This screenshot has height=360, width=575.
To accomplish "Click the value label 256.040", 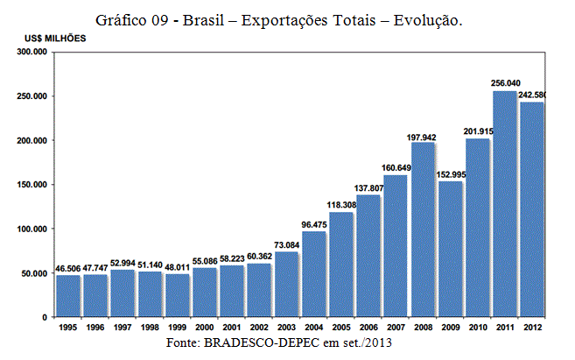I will click(x=505, y=83).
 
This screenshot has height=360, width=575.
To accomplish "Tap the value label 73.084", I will click(x=286, y=244).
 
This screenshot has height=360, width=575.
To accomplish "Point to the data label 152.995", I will click(x=450, y=174).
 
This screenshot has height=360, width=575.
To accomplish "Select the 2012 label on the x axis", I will click(x=532, y=328).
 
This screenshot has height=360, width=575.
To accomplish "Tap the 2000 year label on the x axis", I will click(x=204, y=328).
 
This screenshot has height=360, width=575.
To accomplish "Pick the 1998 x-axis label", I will click(x=150, y=328).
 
